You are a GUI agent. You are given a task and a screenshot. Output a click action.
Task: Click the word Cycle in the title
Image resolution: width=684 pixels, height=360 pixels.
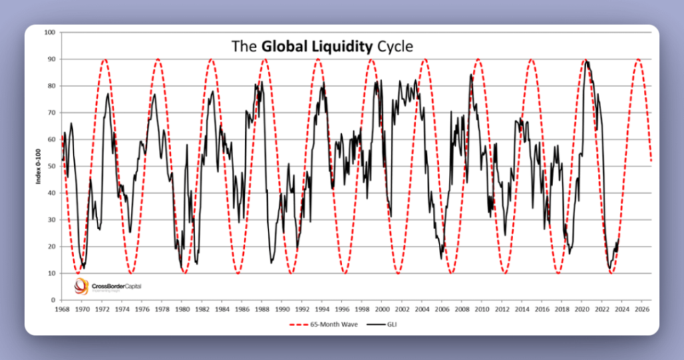[x=395, y=46]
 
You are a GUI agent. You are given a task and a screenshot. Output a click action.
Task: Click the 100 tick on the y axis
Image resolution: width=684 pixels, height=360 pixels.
[x=50, y=32]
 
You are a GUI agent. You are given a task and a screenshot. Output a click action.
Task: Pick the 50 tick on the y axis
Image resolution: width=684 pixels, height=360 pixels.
[x=51, y=166]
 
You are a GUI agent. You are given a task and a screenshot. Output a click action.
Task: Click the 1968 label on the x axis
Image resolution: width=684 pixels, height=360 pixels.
[x=62, y=309]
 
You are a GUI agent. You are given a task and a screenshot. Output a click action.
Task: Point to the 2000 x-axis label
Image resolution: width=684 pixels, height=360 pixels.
[x=382, y=309]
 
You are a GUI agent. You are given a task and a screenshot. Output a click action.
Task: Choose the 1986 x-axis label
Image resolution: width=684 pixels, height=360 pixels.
[x=242, y=309]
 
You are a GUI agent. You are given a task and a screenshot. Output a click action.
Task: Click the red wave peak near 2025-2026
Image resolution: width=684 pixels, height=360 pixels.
[x=638, y=59]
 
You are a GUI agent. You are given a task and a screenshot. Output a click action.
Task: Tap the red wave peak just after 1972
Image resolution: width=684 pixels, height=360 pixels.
[x=104, y=59]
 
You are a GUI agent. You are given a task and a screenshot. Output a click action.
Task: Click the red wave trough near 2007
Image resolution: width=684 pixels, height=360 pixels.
[x=452, y=273]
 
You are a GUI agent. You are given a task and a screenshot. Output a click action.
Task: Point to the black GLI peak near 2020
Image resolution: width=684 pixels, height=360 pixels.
[x=586, y=61]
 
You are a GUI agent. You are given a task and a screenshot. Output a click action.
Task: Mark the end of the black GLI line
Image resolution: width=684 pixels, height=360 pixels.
[x=619, y=239]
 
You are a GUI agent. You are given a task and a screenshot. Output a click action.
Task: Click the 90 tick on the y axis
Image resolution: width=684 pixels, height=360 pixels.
[x=51, y=59]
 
